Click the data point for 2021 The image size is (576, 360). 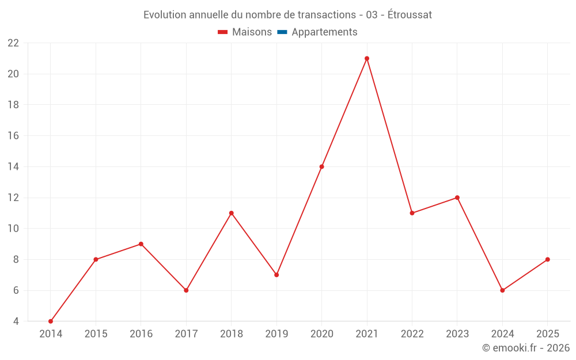(367, 58)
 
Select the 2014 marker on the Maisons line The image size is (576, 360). (51, 321)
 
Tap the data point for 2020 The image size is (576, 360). (321, 166)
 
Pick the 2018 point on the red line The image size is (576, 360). (232, 213)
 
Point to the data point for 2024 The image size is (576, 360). (502, 290)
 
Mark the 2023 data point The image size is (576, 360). (457, 198)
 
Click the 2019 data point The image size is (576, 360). (276, 275)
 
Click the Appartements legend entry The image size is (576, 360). (324, 32)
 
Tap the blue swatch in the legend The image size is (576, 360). (282, 32)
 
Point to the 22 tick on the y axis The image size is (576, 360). (13, 43)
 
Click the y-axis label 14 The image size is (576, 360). (13, 167)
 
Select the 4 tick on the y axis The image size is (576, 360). (16, 321)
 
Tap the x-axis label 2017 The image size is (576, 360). (186, 334)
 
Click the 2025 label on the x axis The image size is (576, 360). (547, 334)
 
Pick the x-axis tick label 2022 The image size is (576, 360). (412, 334)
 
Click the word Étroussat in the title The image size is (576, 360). (410, 15)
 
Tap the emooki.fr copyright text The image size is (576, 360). (526, 348)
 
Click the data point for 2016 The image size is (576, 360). (141, 244)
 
